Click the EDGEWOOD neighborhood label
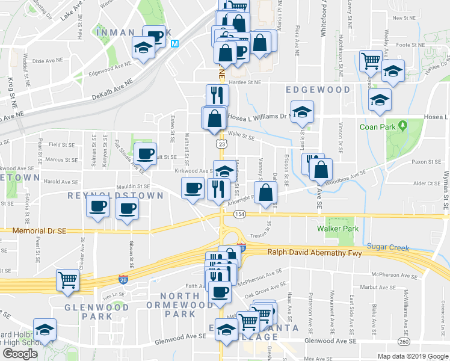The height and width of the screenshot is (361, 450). [x=318, y=90]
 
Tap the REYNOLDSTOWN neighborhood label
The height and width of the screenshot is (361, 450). [x=115, y=196]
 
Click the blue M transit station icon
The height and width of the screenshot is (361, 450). [x=175, y=44]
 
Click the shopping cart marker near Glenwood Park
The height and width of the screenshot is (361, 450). [x=68, y=280]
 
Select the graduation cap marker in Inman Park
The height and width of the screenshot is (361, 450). [x=143, y=48]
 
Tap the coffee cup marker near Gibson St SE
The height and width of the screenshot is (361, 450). [x=127, y=210]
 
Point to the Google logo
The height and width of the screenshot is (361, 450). [x=20, y=354]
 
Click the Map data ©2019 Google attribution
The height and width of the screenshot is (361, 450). [x=413, y=356]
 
